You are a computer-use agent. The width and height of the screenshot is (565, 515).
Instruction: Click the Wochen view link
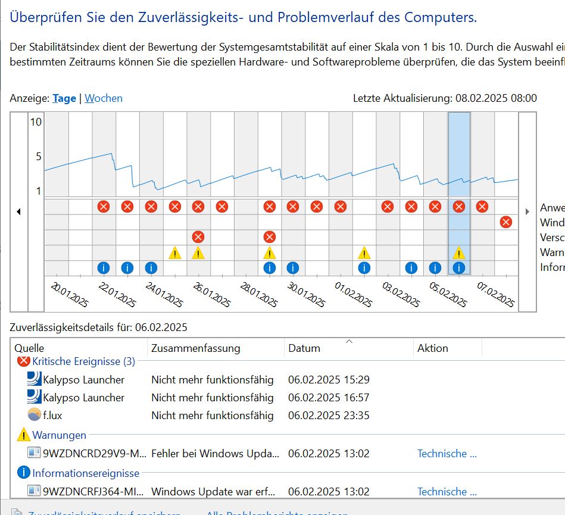[x=104, y=98]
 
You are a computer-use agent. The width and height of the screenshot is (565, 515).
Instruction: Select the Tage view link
[x=64, y=98]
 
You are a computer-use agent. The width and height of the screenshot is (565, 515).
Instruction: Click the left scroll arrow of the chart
[x=18, y=211]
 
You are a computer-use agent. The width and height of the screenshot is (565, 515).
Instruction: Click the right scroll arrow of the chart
[x=527, y=211]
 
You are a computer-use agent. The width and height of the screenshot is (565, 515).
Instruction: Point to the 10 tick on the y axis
[x=36, y=122]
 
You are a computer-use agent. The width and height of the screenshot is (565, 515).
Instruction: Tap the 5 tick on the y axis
[x=39, y=157]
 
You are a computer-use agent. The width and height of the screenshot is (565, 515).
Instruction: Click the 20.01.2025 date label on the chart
[x=70, y=295]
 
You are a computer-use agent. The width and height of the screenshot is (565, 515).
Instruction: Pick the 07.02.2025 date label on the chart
[x=496, y=295]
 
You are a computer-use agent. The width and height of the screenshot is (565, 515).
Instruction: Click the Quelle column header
[x=29, y=348]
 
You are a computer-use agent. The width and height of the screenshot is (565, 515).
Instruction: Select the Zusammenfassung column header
[x=195, y=348]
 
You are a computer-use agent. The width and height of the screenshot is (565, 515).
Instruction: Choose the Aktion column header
[x=433, y=348]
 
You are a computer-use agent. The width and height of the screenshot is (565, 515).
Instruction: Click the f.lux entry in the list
[x=52, y=415]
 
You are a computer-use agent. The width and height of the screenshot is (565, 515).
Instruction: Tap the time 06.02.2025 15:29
[x=329, y=379]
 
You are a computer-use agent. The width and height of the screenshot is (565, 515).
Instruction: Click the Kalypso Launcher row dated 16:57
[x=83, y=397]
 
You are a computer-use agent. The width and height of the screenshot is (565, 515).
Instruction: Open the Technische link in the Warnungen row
[x=447, y=454]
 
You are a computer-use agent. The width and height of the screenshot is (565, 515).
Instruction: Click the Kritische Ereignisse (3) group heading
[x=83, y=361]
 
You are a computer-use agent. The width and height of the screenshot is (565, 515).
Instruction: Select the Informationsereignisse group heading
[x=86, y=473]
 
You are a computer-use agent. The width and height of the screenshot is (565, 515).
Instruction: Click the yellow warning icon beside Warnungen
[x=24, y=435]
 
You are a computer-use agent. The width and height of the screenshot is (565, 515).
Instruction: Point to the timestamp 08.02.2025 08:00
[x=496, y=98]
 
